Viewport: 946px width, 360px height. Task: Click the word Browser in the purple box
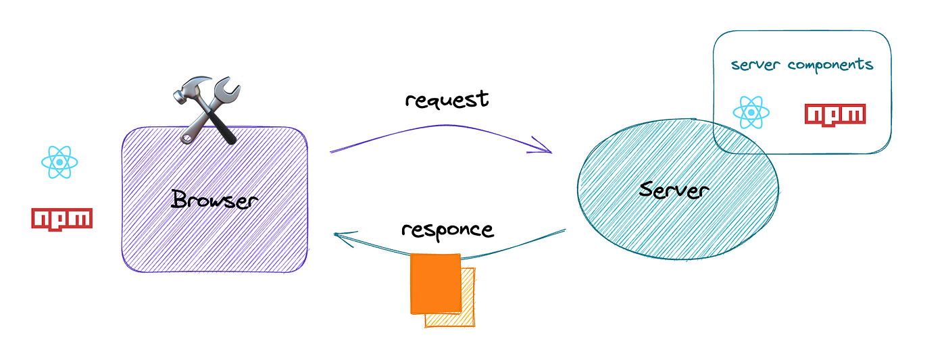coord(214,199)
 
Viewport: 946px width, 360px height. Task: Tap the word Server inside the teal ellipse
coord(674,190)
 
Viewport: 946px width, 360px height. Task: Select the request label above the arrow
coord(447,99)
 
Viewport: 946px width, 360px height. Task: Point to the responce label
coord(447,229)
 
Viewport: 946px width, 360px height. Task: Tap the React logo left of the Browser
coord(60,161)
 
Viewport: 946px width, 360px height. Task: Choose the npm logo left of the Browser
coord(61,218)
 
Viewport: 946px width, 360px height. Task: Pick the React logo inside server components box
coord(752,112)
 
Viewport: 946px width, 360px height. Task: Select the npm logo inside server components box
coord(835,114)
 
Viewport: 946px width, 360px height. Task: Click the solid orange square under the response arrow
coord(435,283)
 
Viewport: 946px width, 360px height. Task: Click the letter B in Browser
coord(179,199)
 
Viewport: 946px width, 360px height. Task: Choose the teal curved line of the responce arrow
coord(514,249)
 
